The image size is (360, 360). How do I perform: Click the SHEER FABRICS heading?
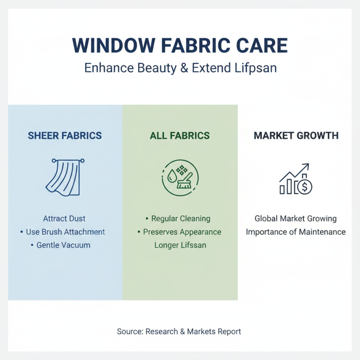pos(65,135)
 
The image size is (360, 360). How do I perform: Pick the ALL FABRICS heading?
pos(180,135)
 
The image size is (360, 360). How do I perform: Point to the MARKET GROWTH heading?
pos(296,135)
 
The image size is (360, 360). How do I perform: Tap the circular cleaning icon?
pos(180,178)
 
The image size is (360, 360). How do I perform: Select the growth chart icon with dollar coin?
pos(296,179)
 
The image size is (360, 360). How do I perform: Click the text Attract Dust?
pos(64,219)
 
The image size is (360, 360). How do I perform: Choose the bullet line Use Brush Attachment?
pos(63,232)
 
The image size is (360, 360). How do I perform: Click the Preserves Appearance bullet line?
pos(179,232)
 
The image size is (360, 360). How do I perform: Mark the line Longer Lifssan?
pos(180,245)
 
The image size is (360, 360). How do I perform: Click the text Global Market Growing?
pos(296,219)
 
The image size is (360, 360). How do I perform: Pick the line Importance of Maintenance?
pos(296,232)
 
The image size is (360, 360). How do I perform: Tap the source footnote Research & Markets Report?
pos(179,332)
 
